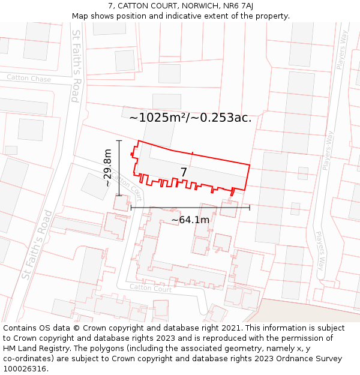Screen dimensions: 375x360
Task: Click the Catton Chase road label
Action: [x=29, y=78]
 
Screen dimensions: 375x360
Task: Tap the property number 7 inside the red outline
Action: [x=184, y=173]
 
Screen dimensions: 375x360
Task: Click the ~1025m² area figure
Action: [x=157, y=118]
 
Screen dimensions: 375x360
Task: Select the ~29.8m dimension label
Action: [x=107, y=168]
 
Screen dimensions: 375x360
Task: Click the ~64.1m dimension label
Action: [x=190, y=220]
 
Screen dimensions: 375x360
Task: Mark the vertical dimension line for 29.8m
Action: [x=119, y=168]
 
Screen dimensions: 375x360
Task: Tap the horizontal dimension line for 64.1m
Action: [x=190, y=208]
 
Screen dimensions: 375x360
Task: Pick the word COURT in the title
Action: [x=163, y=6]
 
